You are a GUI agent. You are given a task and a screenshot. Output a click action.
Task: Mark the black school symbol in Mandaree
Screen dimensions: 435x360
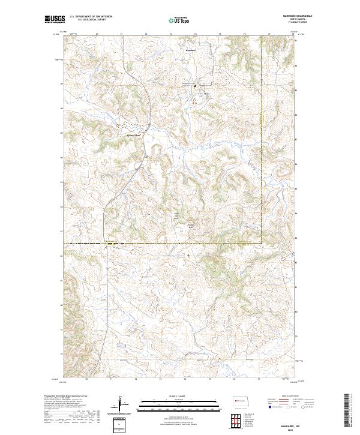click(x=194, y=86)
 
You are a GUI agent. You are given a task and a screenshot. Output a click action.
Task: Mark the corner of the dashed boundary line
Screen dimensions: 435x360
click(x=262, y=243)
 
